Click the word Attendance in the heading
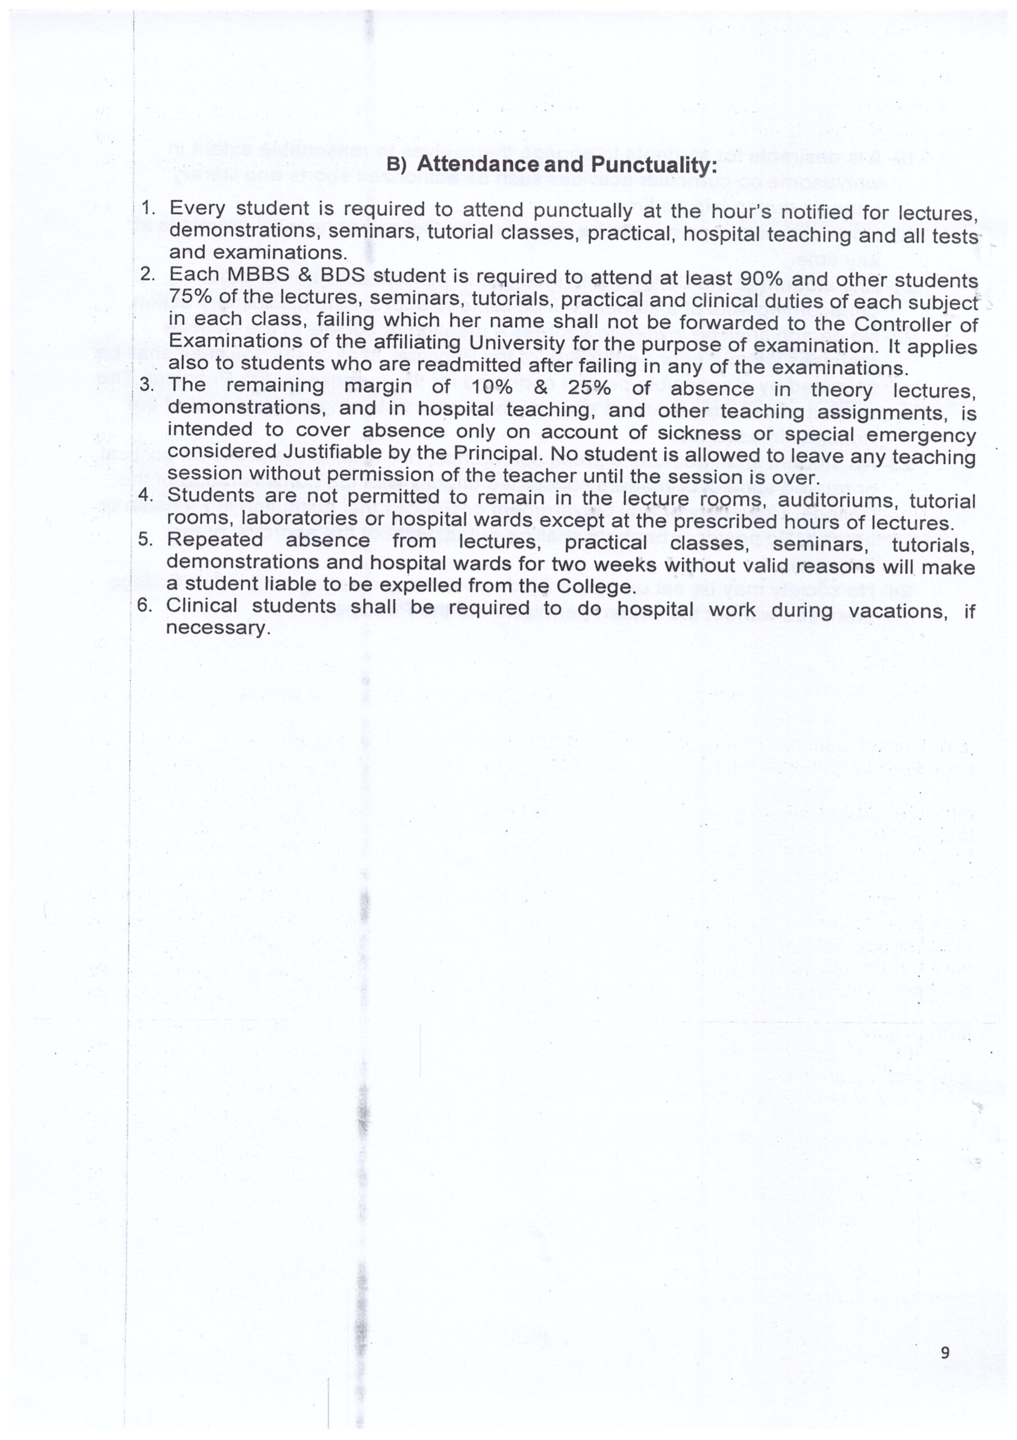[x=478, y=164]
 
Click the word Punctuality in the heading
[x=653, y=165]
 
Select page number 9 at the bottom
[x=945, y=1352]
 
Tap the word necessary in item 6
[x=218, y=628]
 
